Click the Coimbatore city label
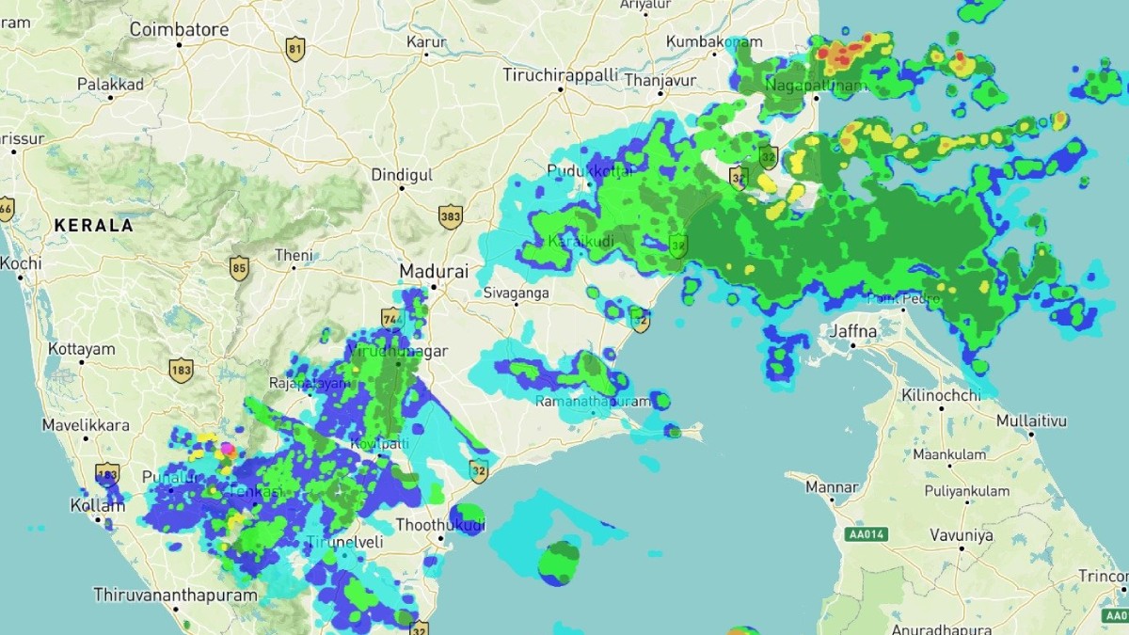pyautogui.click(x=179, y=30)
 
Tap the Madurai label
pyautogui.click(x=434, y=271)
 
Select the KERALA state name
pyautogui.click(x=94, y=226)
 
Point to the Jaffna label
pyautogui.click(x=853, y=332)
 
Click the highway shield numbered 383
pyautogui.click(x=451, y=217)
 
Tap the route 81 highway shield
pyautogui.click(x=296, y=48)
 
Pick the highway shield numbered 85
pyautogui.click(x=239, y=269)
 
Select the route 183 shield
pyautogui.click(x=182, y=370)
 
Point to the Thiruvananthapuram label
pyautogui.click(x=175, y=595)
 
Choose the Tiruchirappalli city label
pyautogui.click(x=561, y=74)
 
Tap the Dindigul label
pyautogui.click(x=402, y=175)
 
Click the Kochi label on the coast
pyautogui.click(x=21, y=263)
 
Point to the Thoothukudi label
pyautogui.click(x=440, y=524)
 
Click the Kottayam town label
pyautogui.click(x=81, y=349)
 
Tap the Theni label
pyautogui.click(x=294, y=255)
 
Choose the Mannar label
pyautogui.click(x=833, y=487)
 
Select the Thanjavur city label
pyautogui.click(x=660, y=81)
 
